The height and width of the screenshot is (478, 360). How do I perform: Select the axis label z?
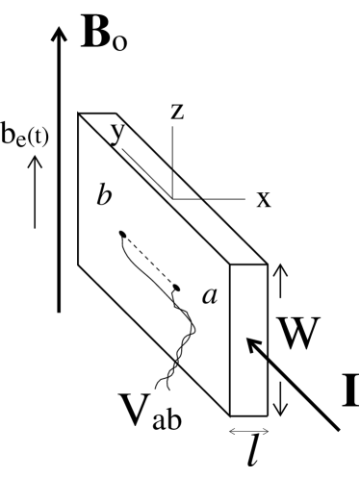tap(176, 112)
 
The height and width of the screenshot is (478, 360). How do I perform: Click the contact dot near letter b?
tap(121, 234)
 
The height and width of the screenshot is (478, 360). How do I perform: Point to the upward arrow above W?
tap(279, 284)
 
